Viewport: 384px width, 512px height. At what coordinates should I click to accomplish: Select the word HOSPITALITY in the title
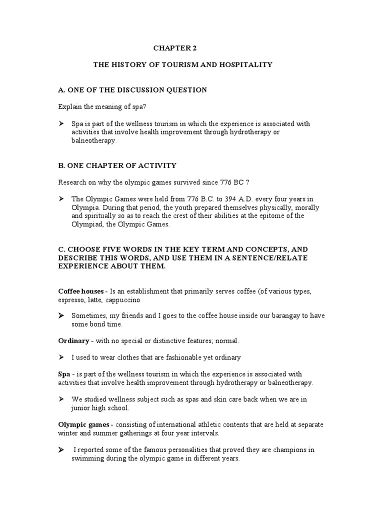(x=247, y=65)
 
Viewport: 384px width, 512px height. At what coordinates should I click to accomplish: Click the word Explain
(x=70, y=107)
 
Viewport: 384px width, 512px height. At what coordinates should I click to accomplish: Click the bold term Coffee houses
(x=81, y=291)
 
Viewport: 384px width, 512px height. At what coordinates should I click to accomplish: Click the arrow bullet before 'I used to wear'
(x=61, y=357)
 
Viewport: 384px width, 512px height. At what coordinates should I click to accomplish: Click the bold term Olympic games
(x=82, y=424)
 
